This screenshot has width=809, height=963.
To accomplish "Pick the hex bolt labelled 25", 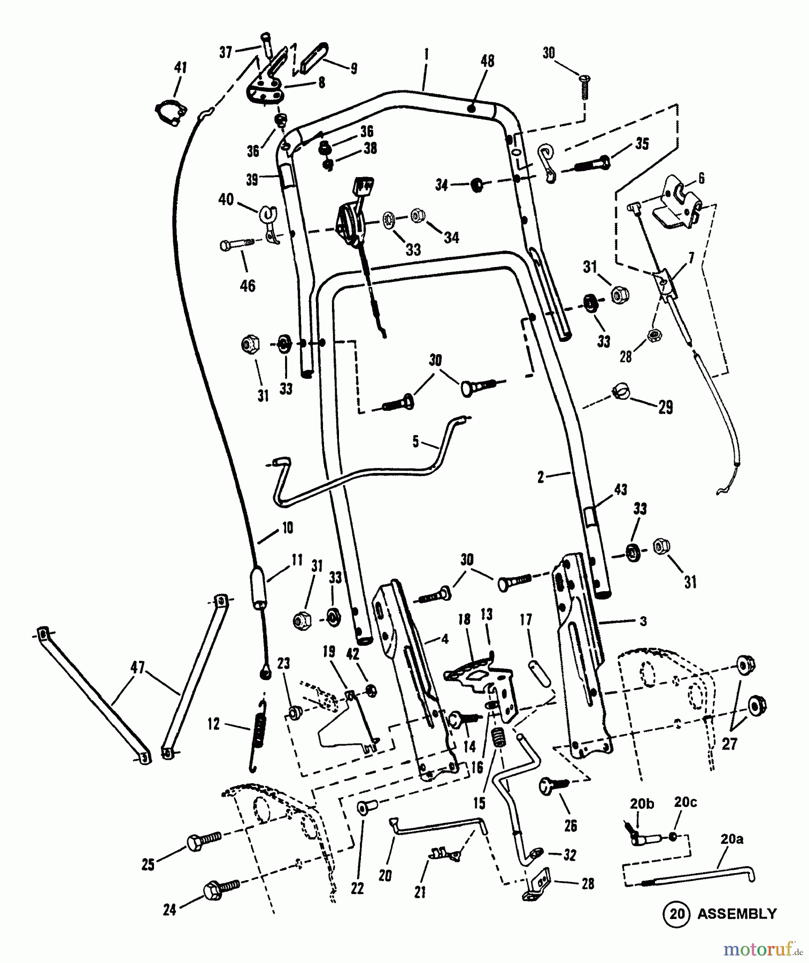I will pos(203,844).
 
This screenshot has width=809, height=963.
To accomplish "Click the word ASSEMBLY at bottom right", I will pos(736,913).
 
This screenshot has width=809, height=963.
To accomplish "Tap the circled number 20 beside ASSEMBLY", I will pos(676,914).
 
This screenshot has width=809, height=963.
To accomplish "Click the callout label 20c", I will pos(686,803).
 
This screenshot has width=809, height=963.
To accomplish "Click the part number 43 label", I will pos(620,489).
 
